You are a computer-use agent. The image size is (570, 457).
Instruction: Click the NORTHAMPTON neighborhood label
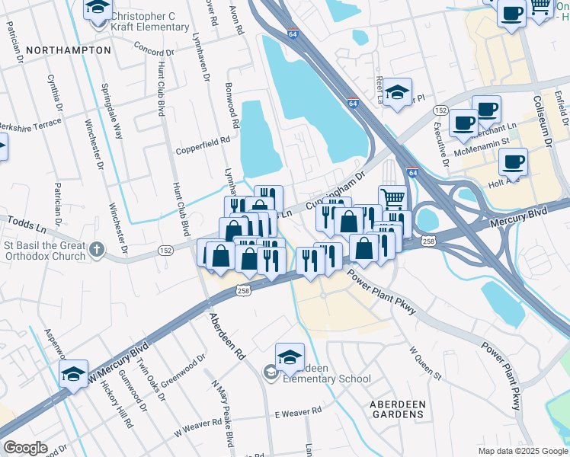tap(68, 50)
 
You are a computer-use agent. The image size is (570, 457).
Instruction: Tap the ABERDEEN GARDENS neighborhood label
tap(395, 408)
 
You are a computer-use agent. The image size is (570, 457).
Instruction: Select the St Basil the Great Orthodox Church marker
tap(97, 249)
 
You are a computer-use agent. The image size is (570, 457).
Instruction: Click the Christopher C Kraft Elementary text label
tap(149, 21)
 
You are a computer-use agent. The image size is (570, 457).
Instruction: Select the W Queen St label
tap(425, 363)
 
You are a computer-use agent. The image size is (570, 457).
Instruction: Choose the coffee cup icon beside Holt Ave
tap(513, 161)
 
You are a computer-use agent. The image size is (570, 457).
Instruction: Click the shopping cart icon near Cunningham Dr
tap(392, 198)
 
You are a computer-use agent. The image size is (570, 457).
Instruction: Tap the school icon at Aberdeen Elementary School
tap(290, 356)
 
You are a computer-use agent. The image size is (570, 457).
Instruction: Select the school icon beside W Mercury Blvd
tap(74, 373)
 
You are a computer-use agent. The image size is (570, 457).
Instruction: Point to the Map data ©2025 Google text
tap(522, 451)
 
